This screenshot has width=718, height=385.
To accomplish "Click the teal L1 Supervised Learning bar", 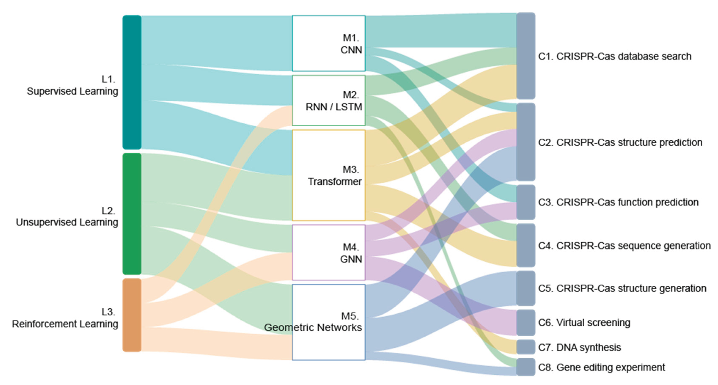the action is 132,82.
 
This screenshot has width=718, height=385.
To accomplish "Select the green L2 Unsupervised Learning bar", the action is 132,214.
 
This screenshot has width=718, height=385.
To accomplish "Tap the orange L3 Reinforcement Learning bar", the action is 132,315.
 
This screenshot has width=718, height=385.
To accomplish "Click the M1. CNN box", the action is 329,43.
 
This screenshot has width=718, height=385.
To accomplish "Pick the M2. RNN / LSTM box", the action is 329,101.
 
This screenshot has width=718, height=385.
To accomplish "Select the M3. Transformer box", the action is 329,175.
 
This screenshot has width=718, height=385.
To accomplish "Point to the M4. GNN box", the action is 329,252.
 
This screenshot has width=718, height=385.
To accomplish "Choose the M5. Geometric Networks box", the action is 329,322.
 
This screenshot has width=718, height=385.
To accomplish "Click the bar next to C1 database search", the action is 526,56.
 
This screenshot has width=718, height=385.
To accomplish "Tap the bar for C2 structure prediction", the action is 526,142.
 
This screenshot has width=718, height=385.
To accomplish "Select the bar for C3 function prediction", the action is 526,202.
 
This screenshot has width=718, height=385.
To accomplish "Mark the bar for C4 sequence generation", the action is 526,245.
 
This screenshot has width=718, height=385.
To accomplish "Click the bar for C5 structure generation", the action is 526,288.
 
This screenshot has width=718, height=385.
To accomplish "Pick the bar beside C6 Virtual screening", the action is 526,322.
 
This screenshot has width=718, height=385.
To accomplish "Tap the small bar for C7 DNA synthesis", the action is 526,347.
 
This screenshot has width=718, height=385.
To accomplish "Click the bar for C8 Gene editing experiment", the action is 526,367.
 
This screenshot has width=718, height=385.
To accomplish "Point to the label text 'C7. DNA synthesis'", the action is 580,347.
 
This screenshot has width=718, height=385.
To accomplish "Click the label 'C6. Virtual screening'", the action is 584,323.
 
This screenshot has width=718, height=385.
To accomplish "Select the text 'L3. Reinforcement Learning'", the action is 65,318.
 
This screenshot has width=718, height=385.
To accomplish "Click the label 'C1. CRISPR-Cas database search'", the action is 615,56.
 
